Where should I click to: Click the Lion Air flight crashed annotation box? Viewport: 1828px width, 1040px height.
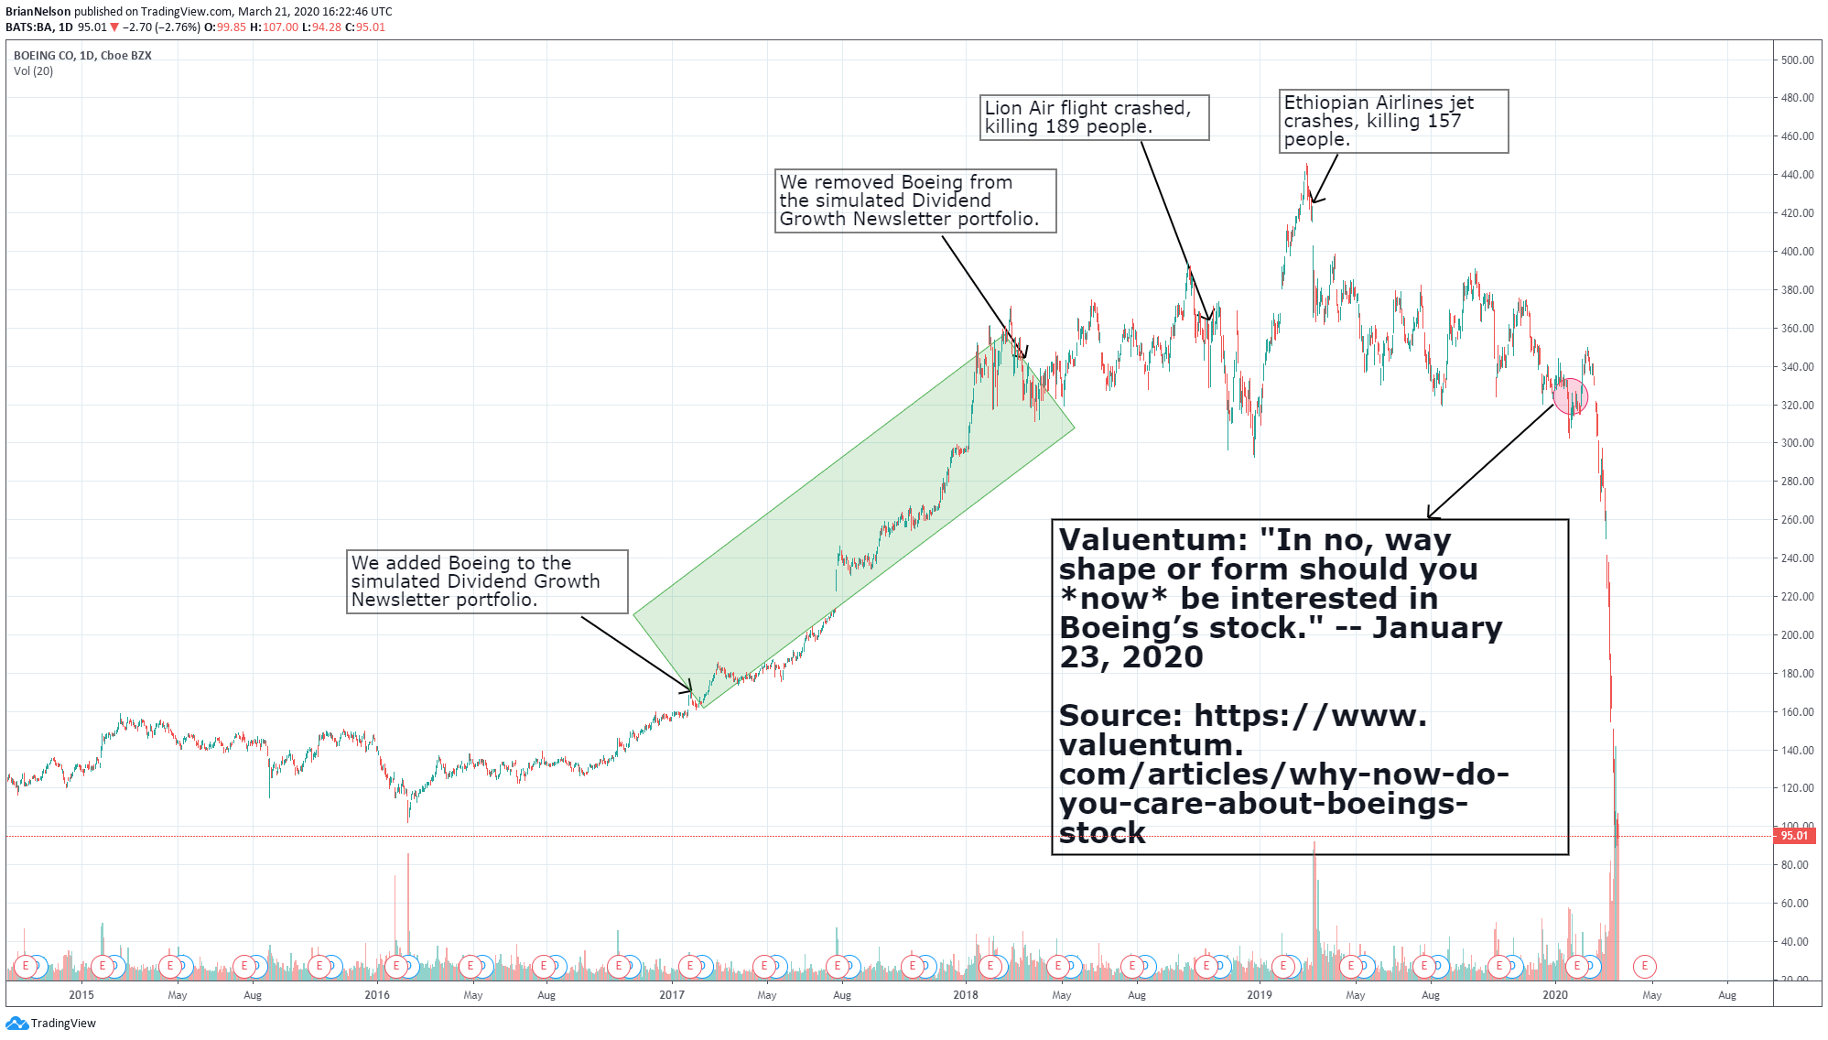[1094, 117]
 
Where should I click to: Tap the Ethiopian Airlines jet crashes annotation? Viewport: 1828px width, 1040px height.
[1392, 121]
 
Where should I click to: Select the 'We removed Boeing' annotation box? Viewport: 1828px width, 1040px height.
[914, 200]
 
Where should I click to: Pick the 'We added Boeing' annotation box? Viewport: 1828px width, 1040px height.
[487, 581]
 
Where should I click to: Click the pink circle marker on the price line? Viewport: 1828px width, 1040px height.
[1571, 395]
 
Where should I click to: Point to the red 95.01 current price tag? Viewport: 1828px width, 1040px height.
[1794, 836]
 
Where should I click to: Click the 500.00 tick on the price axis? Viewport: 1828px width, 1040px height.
[1796, 60]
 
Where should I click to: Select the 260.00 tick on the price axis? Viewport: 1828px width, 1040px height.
[1796, 520]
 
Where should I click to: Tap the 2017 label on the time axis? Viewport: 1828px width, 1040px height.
[672, 995]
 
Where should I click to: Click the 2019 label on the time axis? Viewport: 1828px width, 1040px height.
[1260, 995]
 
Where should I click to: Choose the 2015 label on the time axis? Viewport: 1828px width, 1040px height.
[81, 995]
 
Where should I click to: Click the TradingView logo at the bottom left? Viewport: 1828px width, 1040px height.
[51, 1024]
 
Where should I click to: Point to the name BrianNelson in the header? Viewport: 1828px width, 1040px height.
[38, 12]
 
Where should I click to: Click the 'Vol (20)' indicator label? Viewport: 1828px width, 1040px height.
[33, 71]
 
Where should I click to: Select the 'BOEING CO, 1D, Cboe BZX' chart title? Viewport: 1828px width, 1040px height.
[82, 56]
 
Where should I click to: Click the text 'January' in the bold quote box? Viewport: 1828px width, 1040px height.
[1437, 628]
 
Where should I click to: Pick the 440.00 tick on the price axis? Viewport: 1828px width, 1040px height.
[1796, 175]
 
